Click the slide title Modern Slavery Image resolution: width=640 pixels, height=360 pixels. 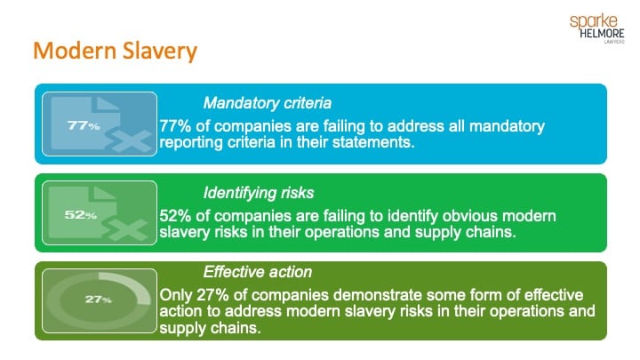click(x=115, y=52)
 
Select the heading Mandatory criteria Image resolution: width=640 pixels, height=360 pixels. click(x=267, y=102)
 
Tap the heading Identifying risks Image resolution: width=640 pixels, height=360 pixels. click(x=259, y=191)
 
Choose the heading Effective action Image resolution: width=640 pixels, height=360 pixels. click(x=258, y=273)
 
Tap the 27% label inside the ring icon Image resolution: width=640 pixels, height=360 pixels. click(x=98, y=300)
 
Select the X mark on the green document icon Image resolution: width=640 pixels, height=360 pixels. click(x=132, y=230)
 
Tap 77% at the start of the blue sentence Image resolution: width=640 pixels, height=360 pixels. click(x=176, y=126)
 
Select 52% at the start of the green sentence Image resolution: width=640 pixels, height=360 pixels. click(x=176, y=215)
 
